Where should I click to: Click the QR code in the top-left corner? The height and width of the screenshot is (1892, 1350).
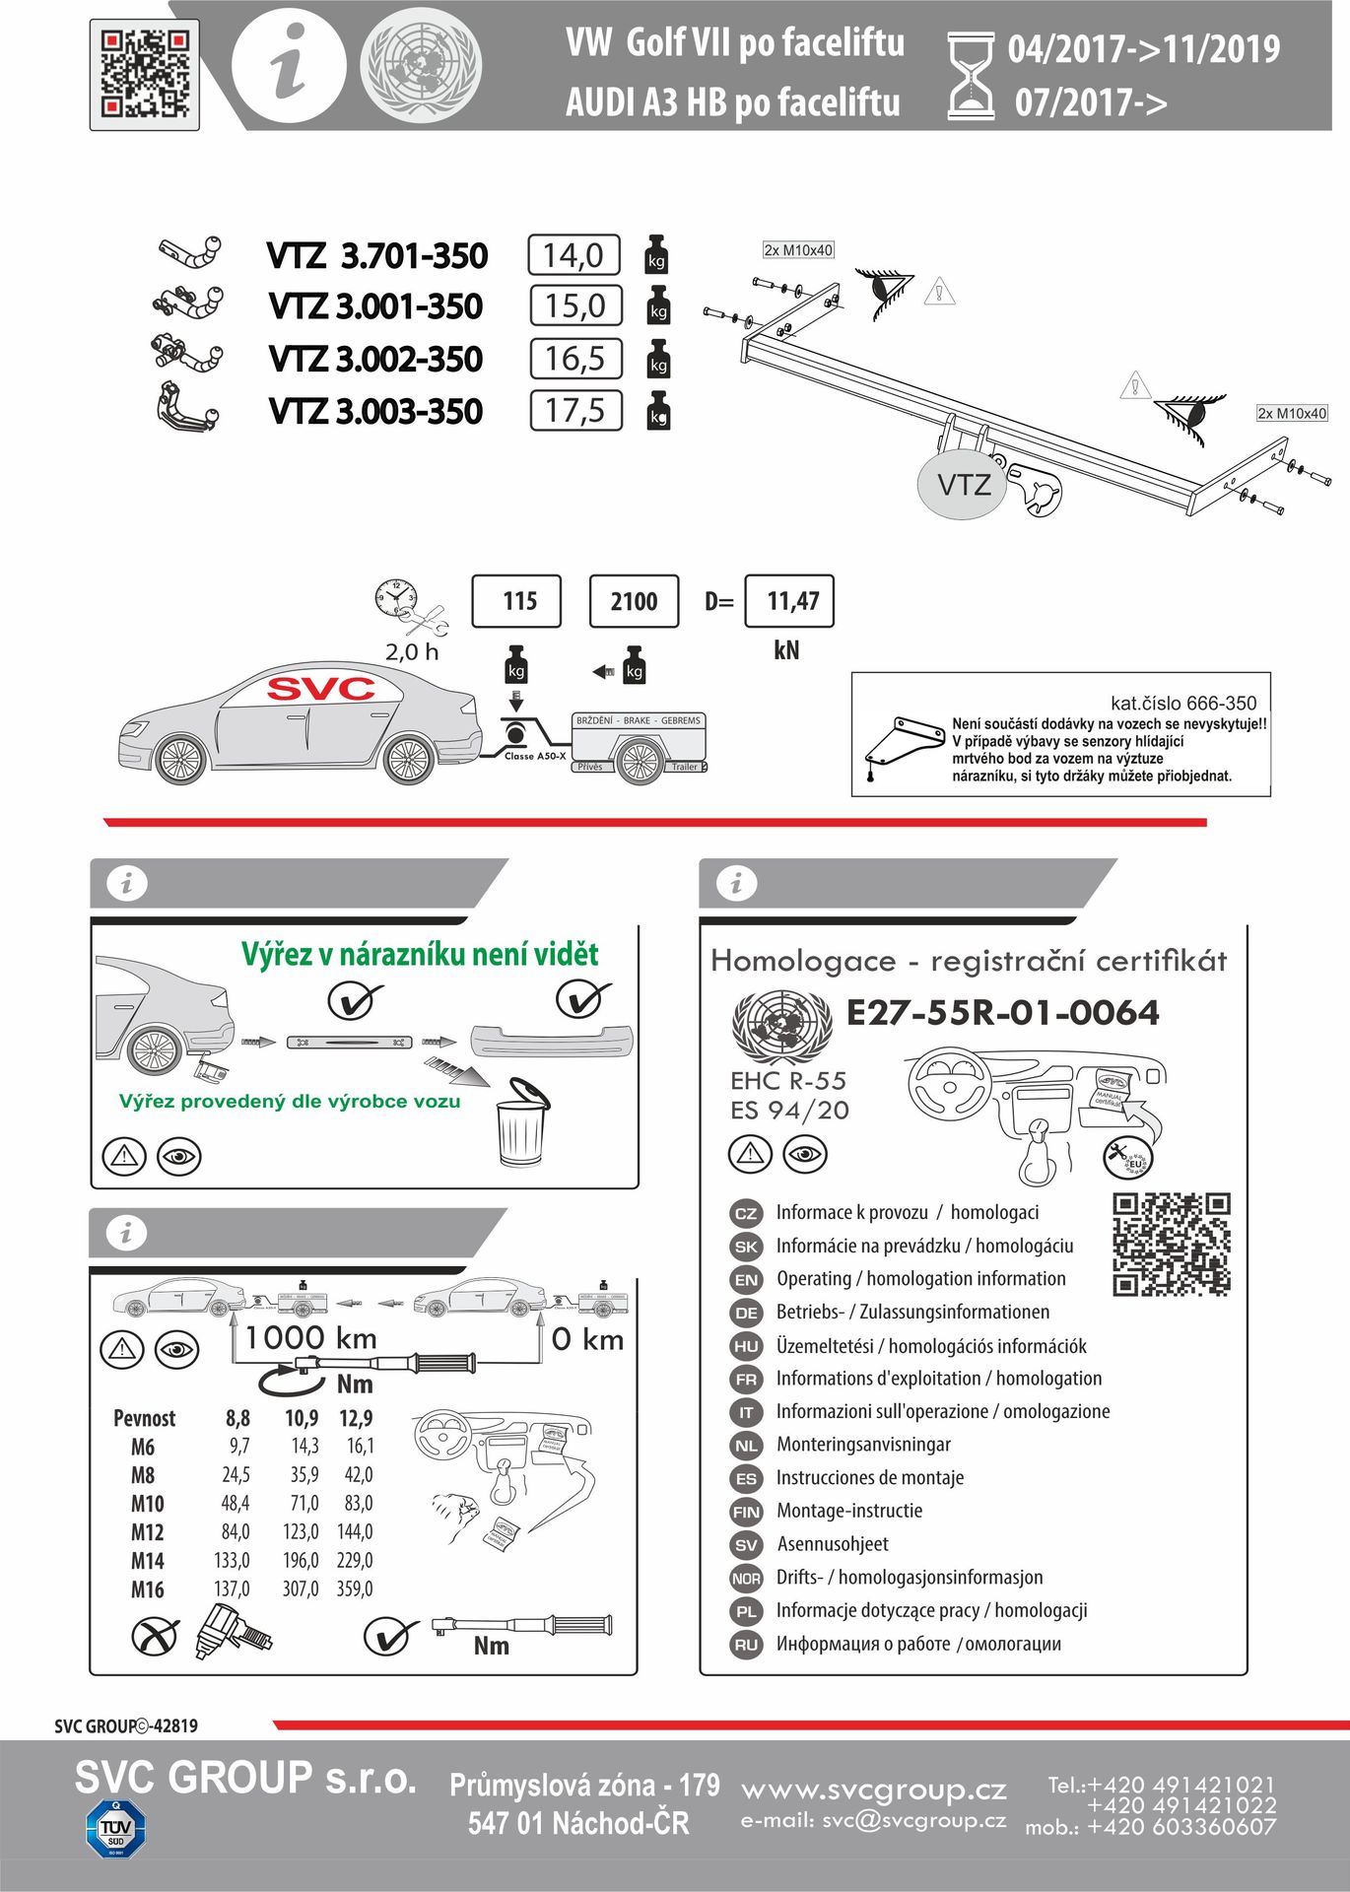point(145,75)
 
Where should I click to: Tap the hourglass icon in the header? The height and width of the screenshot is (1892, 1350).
point(971,76)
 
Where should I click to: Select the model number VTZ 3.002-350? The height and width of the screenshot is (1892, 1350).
point(375,359)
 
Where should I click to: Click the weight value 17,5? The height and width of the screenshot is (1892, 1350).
point(575,411)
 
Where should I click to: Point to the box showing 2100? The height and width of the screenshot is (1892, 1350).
point(634,601)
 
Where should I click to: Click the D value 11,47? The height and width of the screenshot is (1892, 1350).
point(790,601)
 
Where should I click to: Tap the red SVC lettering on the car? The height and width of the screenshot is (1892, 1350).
point(321,689)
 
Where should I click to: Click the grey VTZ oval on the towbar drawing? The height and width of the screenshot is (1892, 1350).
point(963,484)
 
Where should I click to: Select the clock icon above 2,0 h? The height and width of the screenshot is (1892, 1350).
point(396,598)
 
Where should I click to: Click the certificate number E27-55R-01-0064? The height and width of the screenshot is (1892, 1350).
point(1002,1013)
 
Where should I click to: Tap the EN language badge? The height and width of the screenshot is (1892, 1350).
point(746,1280)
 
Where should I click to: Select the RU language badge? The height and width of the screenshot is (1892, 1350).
point(746,1645)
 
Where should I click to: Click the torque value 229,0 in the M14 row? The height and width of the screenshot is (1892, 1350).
point(355,1560)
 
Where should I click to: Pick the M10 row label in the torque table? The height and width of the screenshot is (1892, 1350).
point(147,1504)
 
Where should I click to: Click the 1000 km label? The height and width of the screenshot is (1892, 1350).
point(310,1338)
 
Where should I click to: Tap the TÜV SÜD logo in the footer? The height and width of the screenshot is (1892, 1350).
point(115,1829)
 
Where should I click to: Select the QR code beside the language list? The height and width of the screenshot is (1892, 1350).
point(1172,1245)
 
